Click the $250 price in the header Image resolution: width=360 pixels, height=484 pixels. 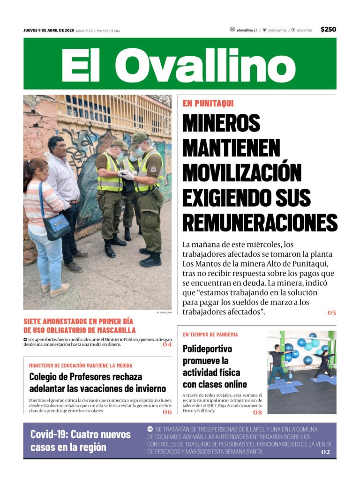point(328,30)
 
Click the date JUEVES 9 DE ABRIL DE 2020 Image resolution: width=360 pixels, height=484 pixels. point(49,30)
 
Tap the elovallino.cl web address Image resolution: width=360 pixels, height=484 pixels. point(247,30)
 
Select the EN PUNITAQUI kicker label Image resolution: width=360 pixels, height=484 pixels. point(208,104)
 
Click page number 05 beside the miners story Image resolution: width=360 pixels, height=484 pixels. point(331,313)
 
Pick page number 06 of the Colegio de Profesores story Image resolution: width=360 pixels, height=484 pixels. point(167,412)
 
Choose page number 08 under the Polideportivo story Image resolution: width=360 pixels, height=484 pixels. point(257,412)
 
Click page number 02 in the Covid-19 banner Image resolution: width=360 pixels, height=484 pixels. point(326,452)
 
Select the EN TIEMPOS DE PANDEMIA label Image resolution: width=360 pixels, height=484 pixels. point(210,335)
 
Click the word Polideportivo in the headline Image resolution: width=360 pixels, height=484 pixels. point(207,349)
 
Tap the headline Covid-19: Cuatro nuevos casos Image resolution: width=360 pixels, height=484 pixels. point(80,440)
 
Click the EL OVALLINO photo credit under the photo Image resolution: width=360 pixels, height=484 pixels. point(164,313)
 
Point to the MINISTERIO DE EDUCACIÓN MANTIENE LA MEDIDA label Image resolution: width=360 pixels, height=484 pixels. point(80,365)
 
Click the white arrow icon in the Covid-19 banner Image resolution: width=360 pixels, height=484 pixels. point(150,429)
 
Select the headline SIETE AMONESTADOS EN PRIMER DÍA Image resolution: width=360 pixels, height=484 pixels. point(78,322)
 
